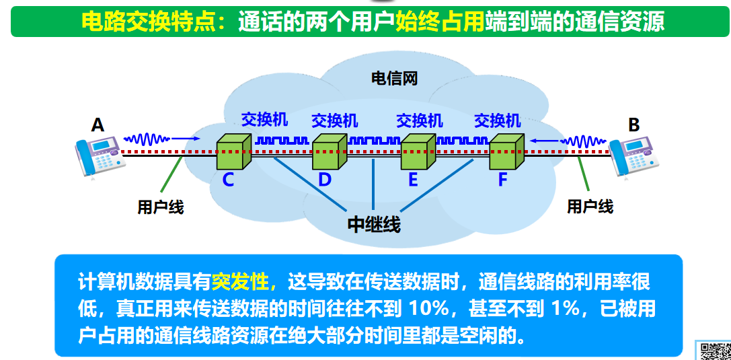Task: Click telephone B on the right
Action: pyautogui.click(x=632, y=156)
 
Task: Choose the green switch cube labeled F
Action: pyautogui.click(x=506, y=153)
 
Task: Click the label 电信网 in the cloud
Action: pyautogui.click(x=395, y=79)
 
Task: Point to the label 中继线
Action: pyautogui.click(x=374, y=225)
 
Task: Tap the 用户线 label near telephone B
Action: pyautogui.click(x=590, y=207)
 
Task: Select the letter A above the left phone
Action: pyautogui.click(x=98, y=124)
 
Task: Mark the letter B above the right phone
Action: pyautogui.click(x=633, y=124)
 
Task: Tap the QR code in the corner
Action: pyautogui.click(x=715, y=351)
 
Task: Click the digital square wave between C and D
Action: pyautogui.click(x=282, y=141)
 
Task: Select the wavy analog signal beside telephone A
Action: pyautogui.click(x=147, y=139)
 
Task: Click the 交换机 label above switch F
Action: pyautogui.click(x=497, y=120)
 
